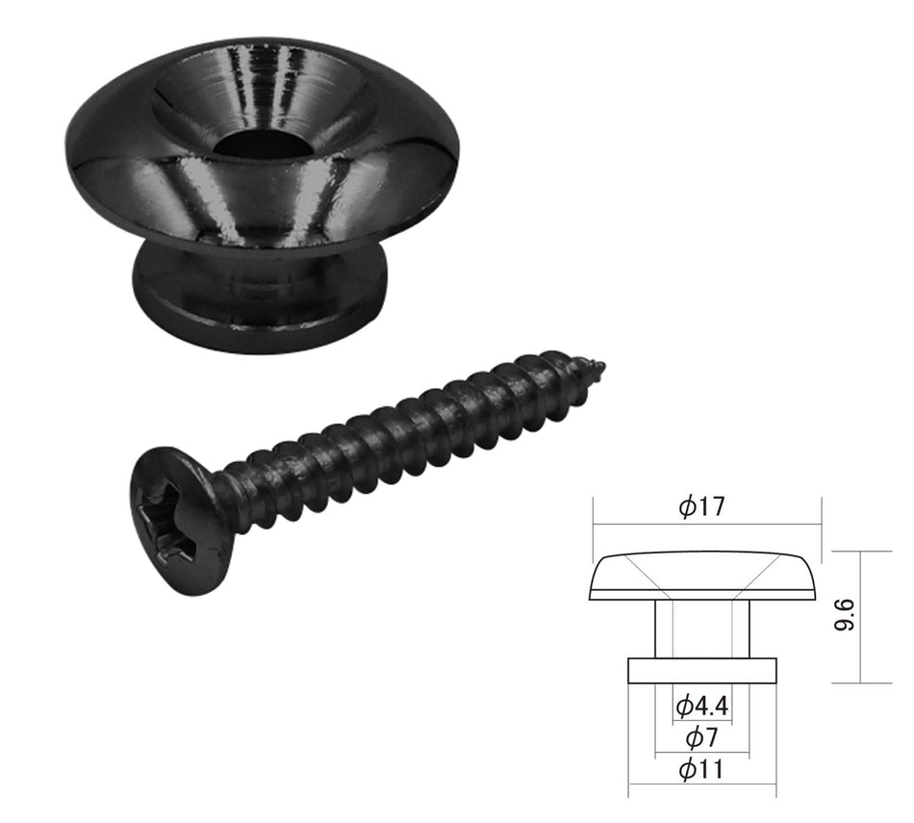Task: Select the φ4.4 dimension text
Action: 701,707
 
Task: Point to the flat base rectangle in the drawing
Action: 701,671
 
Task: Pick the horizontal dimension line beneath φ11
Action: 701,784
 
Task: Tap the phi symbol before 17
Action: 687,507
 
